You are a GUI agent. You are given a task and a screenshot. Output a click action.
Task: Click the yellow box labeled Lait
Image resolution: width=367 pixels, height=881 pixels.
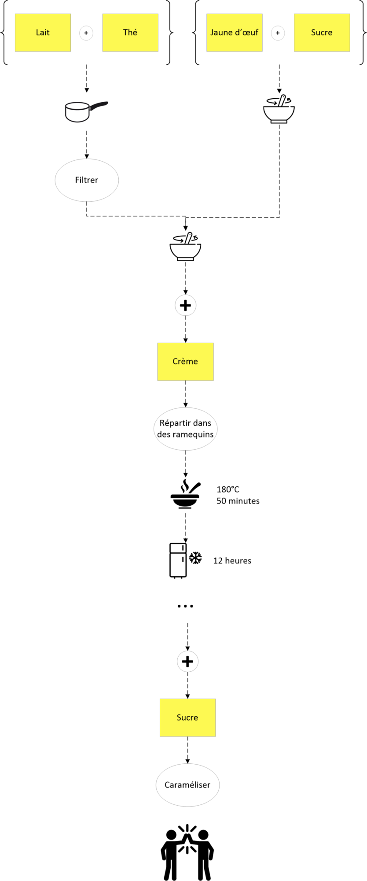(43, 33)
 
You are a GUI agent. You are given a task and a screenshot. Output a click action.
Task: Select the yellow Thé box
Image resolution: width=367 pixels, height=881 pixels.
(130, 33)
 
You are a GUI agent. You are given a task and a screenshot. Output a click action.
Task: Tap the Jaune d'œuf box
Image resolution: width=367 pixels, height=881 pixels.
(235, 33)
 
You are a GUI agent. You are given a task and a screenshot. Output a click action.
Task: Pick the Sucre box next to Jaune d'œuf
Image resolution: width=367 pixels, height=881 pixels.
(322, 33)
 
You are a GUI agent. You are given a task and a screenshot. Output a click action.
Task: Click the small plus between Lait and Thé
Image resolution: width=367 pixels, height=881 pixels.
(86, 33)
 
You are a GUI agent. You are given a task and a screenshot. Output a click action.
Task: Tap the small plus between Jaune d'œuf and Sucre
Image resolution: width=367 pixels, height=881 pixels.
(278, 33)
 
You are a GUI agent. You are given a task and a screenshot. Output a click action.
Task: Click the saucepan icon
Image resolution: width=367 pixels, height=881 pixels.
(86, 111)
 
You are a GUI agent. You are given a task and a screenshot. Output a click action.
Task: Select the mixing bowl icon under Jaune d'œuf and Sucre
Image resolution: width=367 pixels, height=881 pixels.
(279, 109)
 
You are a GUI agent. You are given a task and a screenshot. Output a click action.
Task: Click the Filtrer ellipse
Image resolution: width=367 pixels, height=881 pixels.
(87, 180)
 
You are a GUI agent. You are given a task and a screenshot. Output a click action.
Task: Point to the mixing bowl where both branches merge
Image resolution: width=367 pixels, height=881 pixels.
(185, 247)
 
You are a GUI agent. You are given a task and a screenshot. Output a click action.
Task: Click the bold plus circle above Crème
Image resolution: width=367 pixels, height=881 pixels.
(186, 305)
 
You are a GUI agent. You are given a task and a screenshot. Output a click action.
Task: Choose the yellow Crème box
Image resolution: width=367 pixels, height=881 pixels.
(186, 362)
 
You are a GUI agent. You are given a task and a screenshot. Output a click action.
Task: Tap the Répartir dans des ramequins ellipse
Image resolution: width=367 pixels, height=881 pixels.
(186, 429)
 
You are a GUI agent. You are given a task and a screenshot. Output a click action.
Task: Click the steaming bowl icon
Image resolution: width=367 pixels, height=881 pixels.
(185, 494)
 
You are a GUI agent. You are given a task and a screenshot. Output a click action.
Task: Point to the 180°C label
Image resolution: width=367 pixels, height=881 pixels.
(228, 489)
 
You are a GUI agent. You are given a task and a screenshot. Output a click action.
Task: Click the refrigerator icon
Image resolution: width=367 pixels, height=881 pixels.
(178, 560)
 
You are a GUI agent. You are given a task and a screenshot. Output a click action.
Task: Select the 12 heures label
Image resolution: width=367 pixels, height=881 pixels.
(232, 561)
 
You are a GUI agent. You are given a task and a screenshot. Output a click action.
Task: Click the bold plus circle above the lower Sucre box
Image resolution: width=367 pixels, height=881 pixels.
(188, 661)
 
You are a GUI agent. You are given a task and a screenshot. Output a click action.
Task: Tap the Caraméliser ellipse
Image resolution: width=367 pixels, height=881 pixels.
(188, 785)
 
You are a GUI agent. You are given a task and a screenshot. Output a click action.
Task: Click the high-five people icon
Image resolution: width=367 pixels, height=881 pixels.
(187, 852)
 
